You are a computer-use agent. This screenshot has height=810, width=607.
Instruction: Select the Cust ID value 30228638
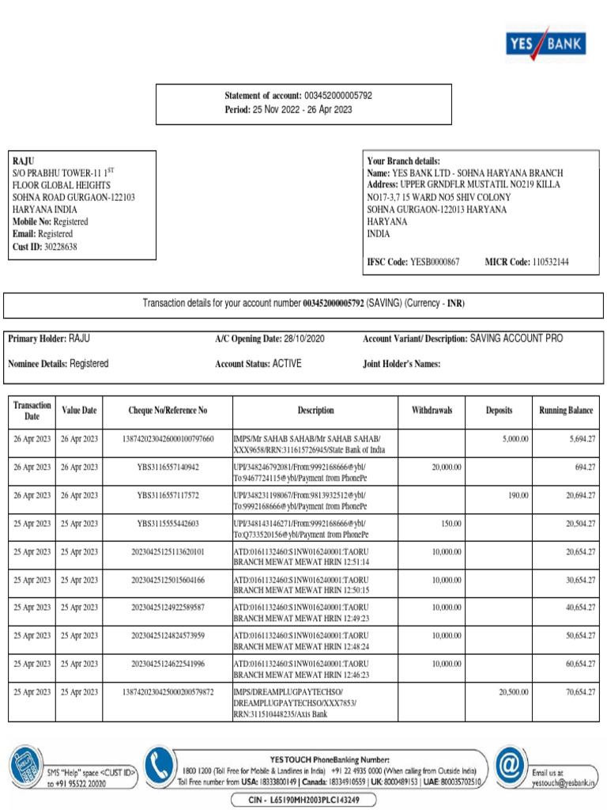(x=61, y=247)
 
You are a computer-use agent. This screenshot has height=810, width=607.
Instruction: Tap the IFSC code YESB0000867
(x=434, y=261)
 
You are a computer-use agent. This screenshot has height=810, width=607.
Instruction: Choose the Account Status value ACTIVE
(x=287, y=364)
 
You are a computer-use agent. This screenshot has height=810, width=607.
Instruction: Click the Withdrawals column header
(x=432, y=411)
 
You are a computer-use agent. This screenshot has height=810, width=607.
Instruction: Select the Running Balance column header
(x=566, y=411)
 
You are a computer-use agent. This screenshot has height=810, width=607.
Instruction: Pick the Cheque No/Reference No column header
(x=168, y=411)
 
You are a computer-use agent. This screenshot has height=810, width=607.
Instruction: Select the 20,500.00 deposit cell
(x=513, y=691)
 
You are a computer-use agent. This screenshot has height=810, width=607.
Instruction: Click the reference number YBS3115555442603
(x=168, y=524)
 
